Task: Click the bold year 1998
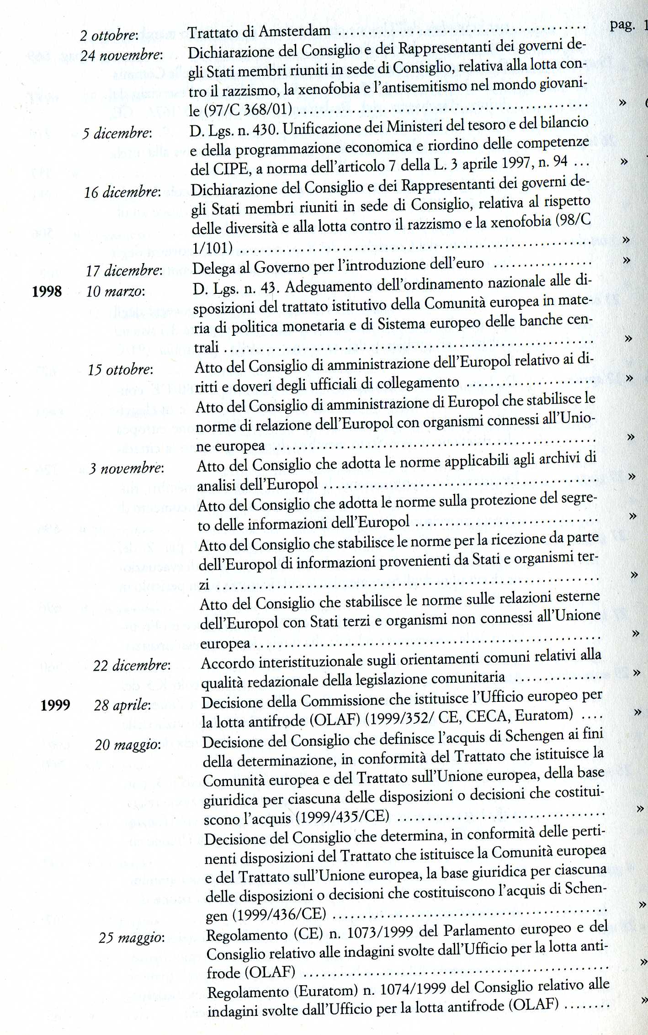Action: pos(47,291)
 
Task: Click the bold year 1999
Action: pos(55,705)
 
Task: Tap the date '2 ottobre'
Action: pos(109,35)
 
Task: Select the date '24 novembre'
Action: pos(122,55)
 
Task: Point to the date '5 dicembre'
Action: pos(117,133)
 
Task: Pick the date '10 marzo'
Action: pos(116,291)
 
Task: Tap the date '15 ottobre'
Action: pos(121,369)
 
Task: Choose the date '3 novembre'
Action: pos(127,468)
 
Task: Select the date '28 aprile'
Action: pos(122,705)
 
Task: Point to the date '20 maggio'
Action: pos(128,745)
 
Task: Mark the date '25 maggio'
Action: pos(132,938)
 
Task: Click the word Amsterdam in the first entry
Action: pos(294,32)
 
